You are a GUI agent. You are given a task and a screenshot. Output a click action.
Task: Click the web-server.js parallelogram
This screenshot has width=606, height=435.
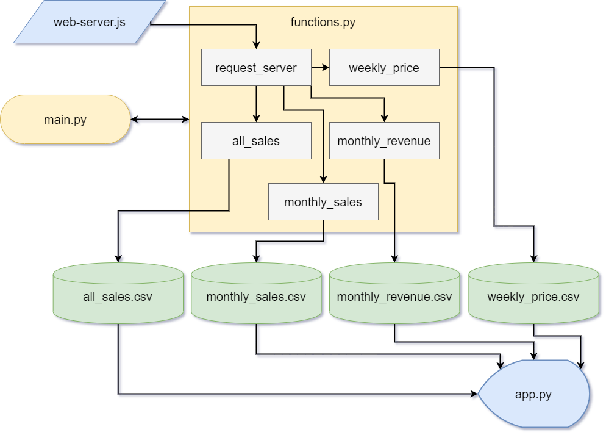(x=90, y=22)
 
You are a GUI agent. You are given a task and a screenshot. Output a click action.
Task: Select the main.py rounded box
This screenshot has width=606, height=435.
(x=65, y=120)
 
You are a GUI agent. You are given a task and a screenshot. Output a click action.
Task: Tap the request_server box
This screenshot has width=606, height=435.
(x=256, y=67)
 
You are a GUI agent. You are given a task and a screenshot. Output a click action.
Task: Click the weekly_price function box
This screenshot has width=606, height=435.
(x=384, y=67)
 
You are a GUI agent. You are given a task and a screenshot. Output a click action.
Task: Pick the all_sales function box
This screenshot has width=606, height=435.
(x=256, y=141)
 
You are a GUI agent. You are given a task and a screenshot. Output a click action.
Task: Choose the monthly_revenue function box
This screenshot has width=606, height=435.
(x=384, y=141)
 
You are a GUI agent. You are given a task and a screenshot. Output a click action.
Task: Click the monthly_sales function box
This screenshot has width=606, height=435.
(x=323, y=202)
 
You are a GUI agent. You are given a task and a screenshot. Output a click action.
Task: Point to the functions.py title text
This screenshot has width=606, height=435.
(x=323, y=23)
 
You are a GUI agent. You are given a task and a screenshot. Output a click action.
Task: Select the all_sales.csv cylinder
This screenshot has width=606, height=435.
(x=118, y=297)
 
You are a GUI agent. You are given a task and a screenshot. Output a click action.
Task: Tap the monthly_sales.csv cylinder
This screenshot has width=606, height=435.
(x=256, y=297)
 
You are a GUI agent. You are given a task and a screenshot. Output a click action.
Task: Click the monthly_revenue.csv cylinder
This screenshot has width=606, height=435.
(x=394, y=297)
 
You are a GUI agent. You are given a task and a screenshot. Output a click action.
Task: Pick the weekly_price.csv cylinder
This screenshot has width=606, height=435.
(x=533, y=297)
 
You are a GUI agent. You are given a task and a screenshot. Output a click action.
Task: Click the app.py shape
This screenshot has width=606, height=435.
(x=533, y=394)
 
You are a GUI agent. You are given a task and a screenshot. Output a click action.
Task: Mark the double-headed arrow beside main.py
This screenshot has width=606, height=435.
(x=160, y=120)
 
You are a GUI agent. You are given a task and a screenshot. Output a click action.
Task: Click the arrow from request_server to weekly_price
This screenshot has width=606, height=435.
(x=320, y=67)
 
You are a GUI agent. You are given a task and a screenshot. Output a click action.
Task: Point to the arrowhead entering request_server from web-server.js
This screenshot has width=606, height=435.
(x=256, y=45)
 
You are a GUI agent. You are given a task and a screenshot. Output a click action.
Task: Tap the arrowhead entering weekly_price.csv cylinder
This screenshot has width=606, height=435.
(x=533, y=259)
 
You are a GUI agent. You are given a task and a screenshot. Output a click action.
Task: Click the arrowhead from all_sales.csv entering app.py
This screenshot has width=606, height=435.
(x=474, y=394)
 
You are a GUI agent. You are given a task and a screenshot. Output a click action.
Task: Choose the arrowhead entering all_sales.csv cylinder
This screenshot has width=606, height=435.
(x=118, y=259)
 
